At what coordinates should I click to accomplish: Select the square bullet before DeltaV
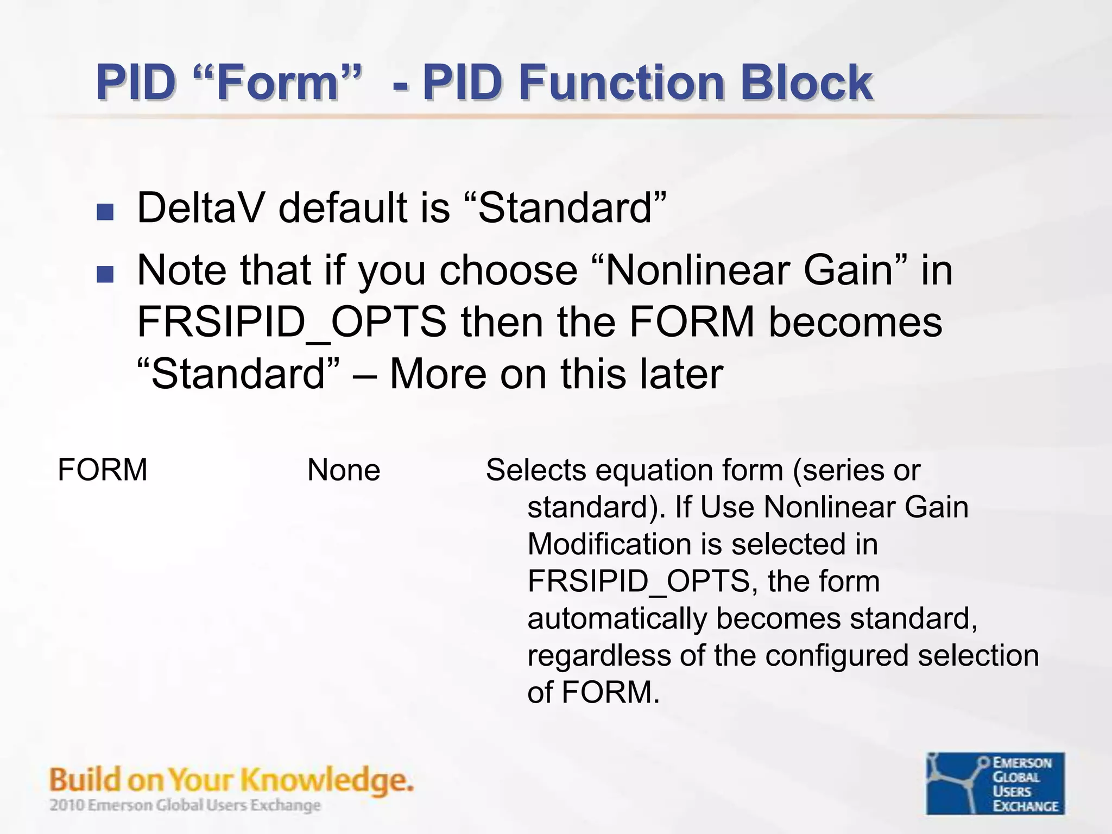(105, 212)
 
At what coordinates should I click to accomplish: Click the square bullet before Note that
(105, 274)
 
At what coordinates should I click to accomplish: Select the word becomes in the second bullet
(855, 323)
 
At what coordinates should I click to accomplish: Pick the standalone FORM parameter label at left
(102, 470)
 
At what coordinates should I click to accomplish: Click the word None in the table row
(344, 470)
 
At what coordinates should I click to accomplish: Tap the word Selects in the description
(535, 470)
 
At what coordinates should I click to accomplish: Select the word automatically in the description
(617, 618)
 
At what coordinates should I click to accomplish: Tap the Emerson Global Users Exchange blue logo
(995, 783)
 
